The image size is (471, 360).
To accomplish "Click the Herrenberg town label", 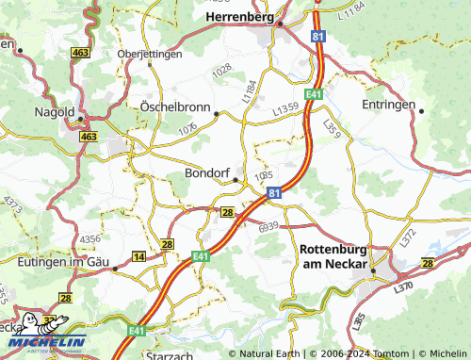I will click(x=239, y=17).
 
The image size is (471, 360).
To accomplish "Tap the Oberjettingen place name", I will click(x=149, y=54).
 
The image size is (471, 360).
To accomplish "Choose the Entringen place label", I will click(x=388, y=105).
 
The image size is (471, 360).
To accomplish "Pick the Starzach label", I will click(x=171, y=354).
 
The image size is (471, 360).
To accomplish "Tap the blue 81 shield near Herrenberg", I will click(x=319, y=34).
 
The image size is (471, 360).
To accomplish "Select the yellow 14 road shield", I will click(x=139, y=256).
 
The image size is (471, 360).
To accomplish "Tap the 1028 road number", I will click(x=222, y=70).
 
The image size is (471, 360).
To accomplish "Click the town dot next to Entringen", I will click(x=422, y=110).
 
